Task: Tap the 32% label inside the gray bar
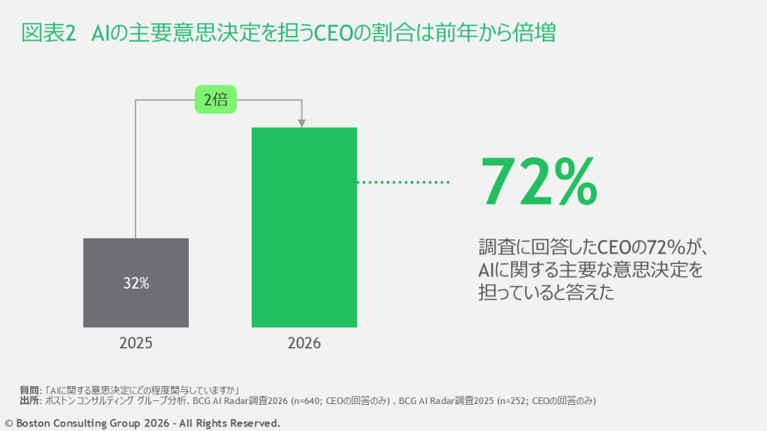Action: (x=136, y=284)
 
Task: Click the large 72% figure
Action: (x=539, y=182)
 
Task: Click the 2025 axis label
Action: (x=136, y=343)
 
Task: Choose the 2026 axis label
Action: (x=304, y=343)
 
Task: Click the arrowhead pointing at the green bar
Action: (x=302, y=122)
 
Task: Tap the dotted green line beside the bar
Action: (x=402, y=182)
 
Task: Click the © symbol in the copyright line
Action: (x=9, y=424)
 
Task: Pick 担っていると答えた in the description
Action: (x=546, y=291)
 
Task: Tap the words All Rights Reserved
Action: (x=229, y=424)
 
